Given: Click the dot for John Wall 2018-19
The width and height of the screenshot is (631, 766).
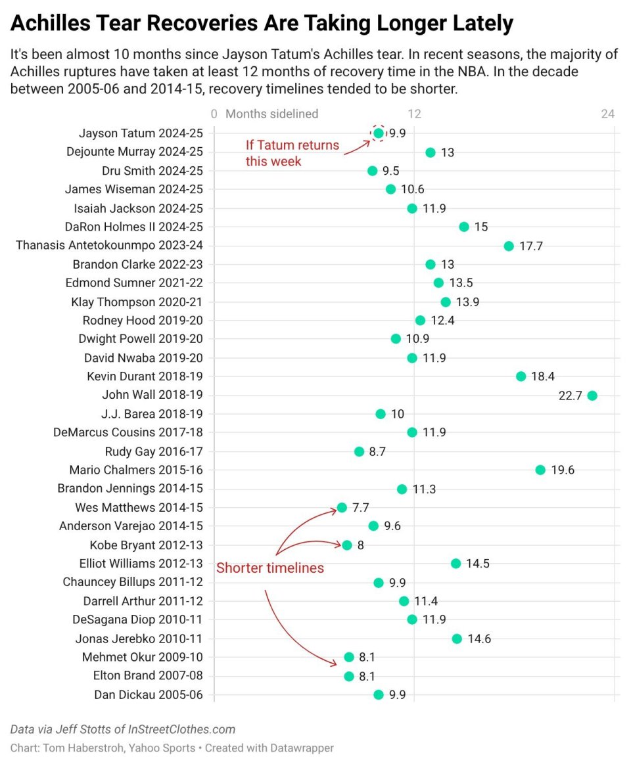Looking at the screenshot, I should (x=592, y=395).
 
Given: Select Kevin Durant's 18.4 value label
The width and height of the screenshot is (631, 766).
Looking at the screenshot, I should (x=543, y=376).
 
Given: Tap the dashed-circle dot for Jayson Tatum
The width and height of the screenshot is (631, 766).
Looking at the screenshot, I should (x=378, y=133).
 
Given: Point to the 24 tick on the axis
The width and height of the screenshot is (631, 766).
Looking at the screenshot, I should (x=607, y=114).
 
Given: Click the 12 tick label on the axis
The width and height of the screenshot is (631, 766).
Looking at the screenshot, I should (x=414, y=114).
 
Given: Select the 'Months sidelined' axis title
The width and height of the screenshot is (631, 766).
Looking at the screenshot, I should (x=271, y=114).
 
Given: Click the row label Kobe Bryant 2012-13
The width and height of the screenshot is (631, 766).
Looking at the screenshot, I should (x=146, y=545).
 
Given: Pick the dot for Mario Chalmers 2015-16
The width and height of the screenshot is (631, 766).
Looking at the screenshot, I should (x=540, y=470).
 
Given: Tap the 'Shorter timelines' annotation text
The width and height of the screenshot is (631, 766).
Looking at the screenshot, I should (x=270, y=568).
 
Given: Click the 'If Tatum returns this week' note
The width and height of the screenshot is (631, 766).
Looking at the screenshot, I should (x=292, y=153).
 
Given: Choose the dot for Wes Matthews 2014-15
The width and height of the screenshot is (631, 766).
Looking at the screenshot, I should (x=342, y=507).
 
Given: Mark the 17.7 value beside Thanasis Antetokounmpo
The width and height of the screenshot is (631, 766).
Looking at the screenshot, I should (x=530, y=246).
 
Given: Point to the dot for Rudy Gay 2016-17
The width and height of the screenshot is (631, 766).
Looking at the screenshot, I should (x=359, y=451).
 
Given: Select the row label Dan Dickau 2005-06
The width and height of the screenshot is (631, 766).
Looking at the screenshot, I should (x=149, y=695).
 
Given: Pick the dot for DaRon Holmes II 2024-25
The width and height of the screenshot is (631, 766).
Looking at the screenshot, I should (x=464, y=227).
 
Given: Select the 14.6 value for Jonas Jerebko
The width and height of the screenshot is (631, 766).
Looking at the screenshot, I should (x=479, y=639).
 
